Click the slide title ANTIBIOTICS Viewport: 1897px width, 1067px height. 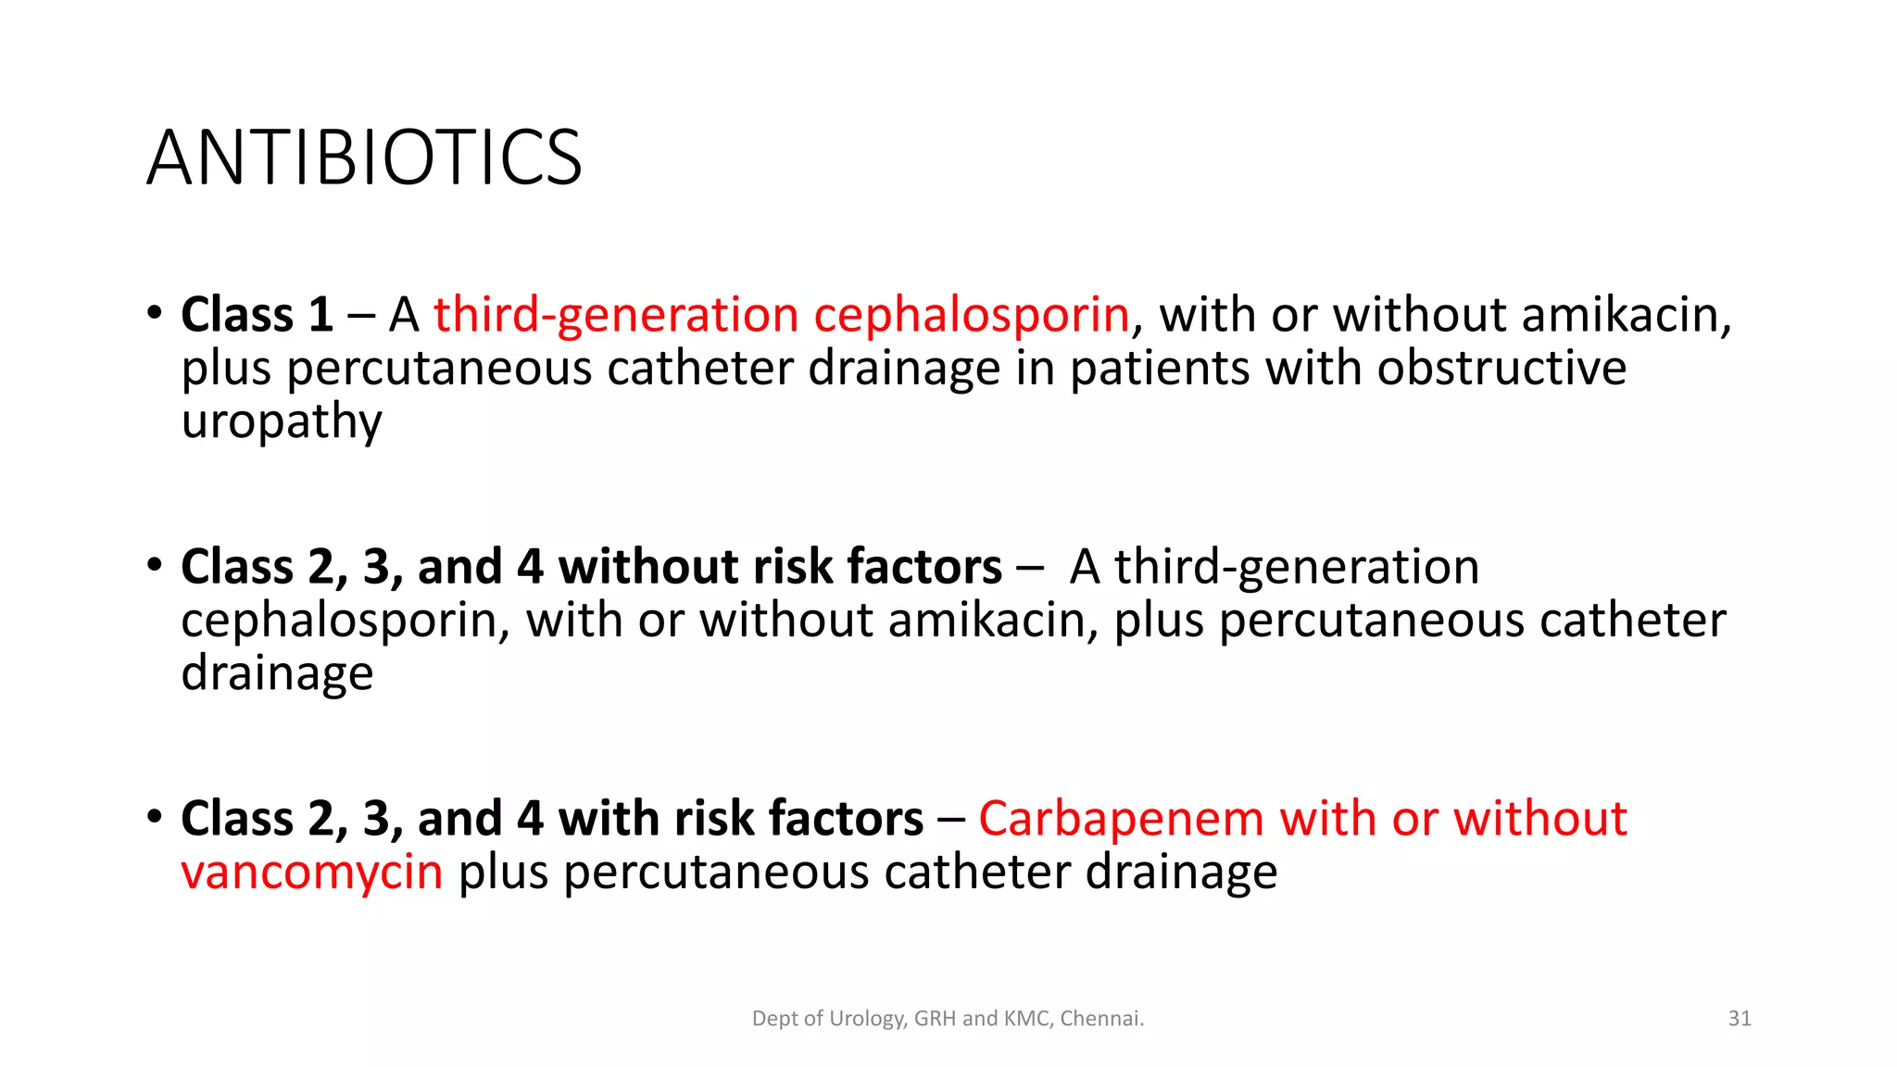tap(364, 157)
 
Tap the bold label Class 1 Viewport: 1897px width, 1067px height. tap(257, 315)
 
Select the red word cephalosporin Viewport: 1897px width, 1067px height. tap(972, 315)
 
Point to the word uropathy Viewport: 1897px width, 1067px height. tap(281, 422)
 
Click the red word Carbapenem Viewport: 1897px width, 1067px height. tap(1121, 819)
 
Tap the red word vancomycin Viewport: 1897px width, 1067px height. tap(312, 872)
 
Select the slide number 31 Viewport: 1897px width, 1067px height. tap(1740, 1019)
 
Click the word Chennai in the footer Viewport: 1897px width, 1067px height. tap(1101, 1019)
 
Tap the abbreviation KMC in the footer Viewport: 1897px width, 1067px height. tap(1027, 1019)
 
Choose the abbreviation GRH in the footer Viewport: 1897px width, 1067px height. tap(935, 1019)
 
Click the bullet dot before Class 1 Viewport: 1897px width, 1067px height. tap(155, 313)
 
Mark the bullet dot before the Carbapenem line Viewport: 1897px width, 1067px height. tap(155, 817)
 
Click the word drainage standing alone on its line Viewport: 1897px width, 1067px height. tap(277, 673)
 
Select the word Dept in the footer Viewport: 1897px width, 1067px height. tap(774, 1019)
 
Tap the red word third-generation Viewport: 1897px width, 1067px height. tap(616, 315)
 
